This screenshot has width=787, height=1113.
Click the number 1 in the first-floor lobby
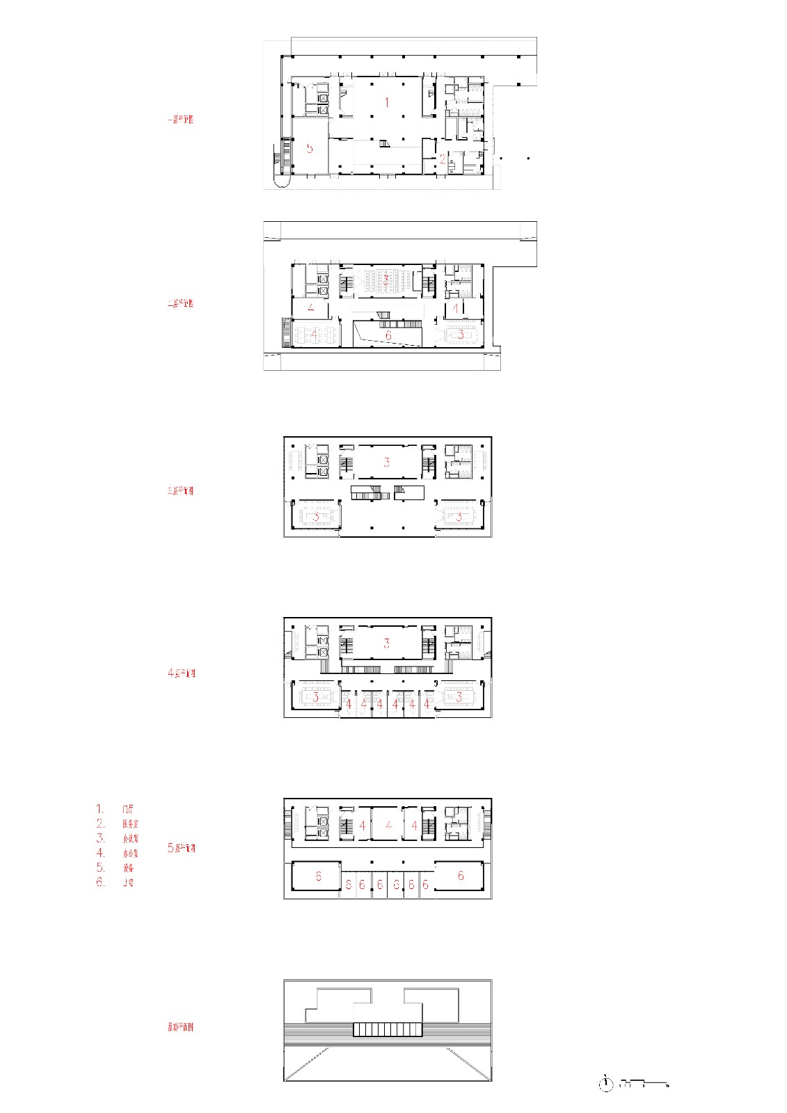(x=387, y=102)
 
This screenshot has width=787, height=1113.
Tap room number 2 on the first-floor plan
(x=443, y=159)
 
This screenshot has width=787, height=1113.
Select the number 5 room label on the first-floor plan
(x=310, y=148)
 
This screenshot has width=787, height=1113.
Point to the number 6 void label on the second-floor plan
(x=388, y=335)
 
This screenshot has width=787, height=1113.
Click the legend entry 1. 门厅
(x=116, y=809)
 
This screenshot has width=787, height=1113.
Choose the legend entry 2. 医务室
(x=117, y=824)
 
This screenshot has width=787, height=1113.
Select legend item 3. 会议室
(x=117, y=838)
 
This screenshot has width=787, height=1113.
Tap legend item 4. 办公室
(x=117, y=853)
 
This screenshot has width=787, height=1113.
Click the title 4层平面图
(x=182, y=673)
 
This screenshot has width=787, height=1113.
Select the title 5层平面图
(x=182, y=848)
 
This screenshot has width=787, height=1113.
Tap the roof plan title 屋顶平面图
(x=180, y=1027)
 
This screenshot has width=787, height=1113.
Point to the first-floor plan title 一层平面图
(x=180, y=120)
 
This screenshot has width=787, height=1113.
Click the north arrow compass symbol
(x=606, y=1084)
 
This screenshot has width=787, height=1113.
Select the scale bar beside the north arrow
(x=644, y=1083)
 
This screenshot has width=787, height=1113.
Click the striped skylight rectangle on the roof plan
(x=388, y=1030)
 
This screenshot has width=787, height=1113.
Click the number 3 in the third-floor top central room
(x=387, y=463)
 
